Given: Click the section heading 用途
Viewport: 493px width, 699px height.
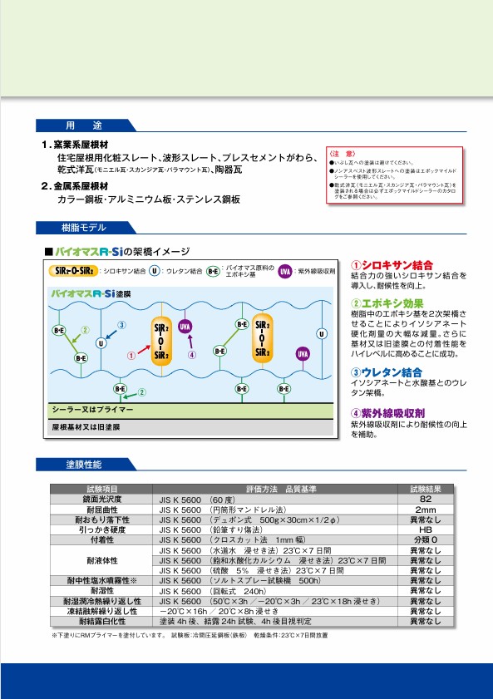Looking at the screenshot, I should [83, 126].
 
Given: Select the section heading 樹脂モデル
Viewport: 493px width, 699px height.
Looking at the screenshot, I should [83, 227].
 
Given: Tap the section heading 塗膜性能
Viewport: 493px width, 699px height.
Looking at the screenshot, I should [83, 464].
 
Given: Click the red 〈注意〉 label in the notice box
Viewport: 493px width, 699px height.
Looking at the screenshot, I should [343, 155].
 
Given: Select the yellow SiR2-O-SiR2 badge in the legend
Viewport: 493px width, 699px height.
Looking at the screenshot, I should [72, 271].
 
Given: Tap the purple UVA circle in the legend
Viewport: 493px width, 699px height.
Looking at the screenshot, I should [284, 272].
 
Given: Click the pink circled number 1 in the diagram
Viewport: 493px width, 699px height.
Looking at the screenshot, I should [131, 354].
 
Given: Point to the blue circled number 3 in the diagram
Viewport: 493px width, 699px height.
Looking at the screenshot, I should [121, 325].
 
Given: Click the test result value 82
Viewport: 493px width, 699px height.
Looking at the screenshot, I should [425, 500].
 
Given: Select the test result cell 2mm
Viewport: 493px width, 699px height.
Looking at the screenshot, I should [425, 509].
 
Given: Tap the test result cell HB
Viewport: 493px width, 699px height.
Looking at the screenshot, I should [425, 529].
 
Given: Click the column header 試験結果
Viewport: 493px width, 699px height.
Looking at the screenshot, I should [425, 489].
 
